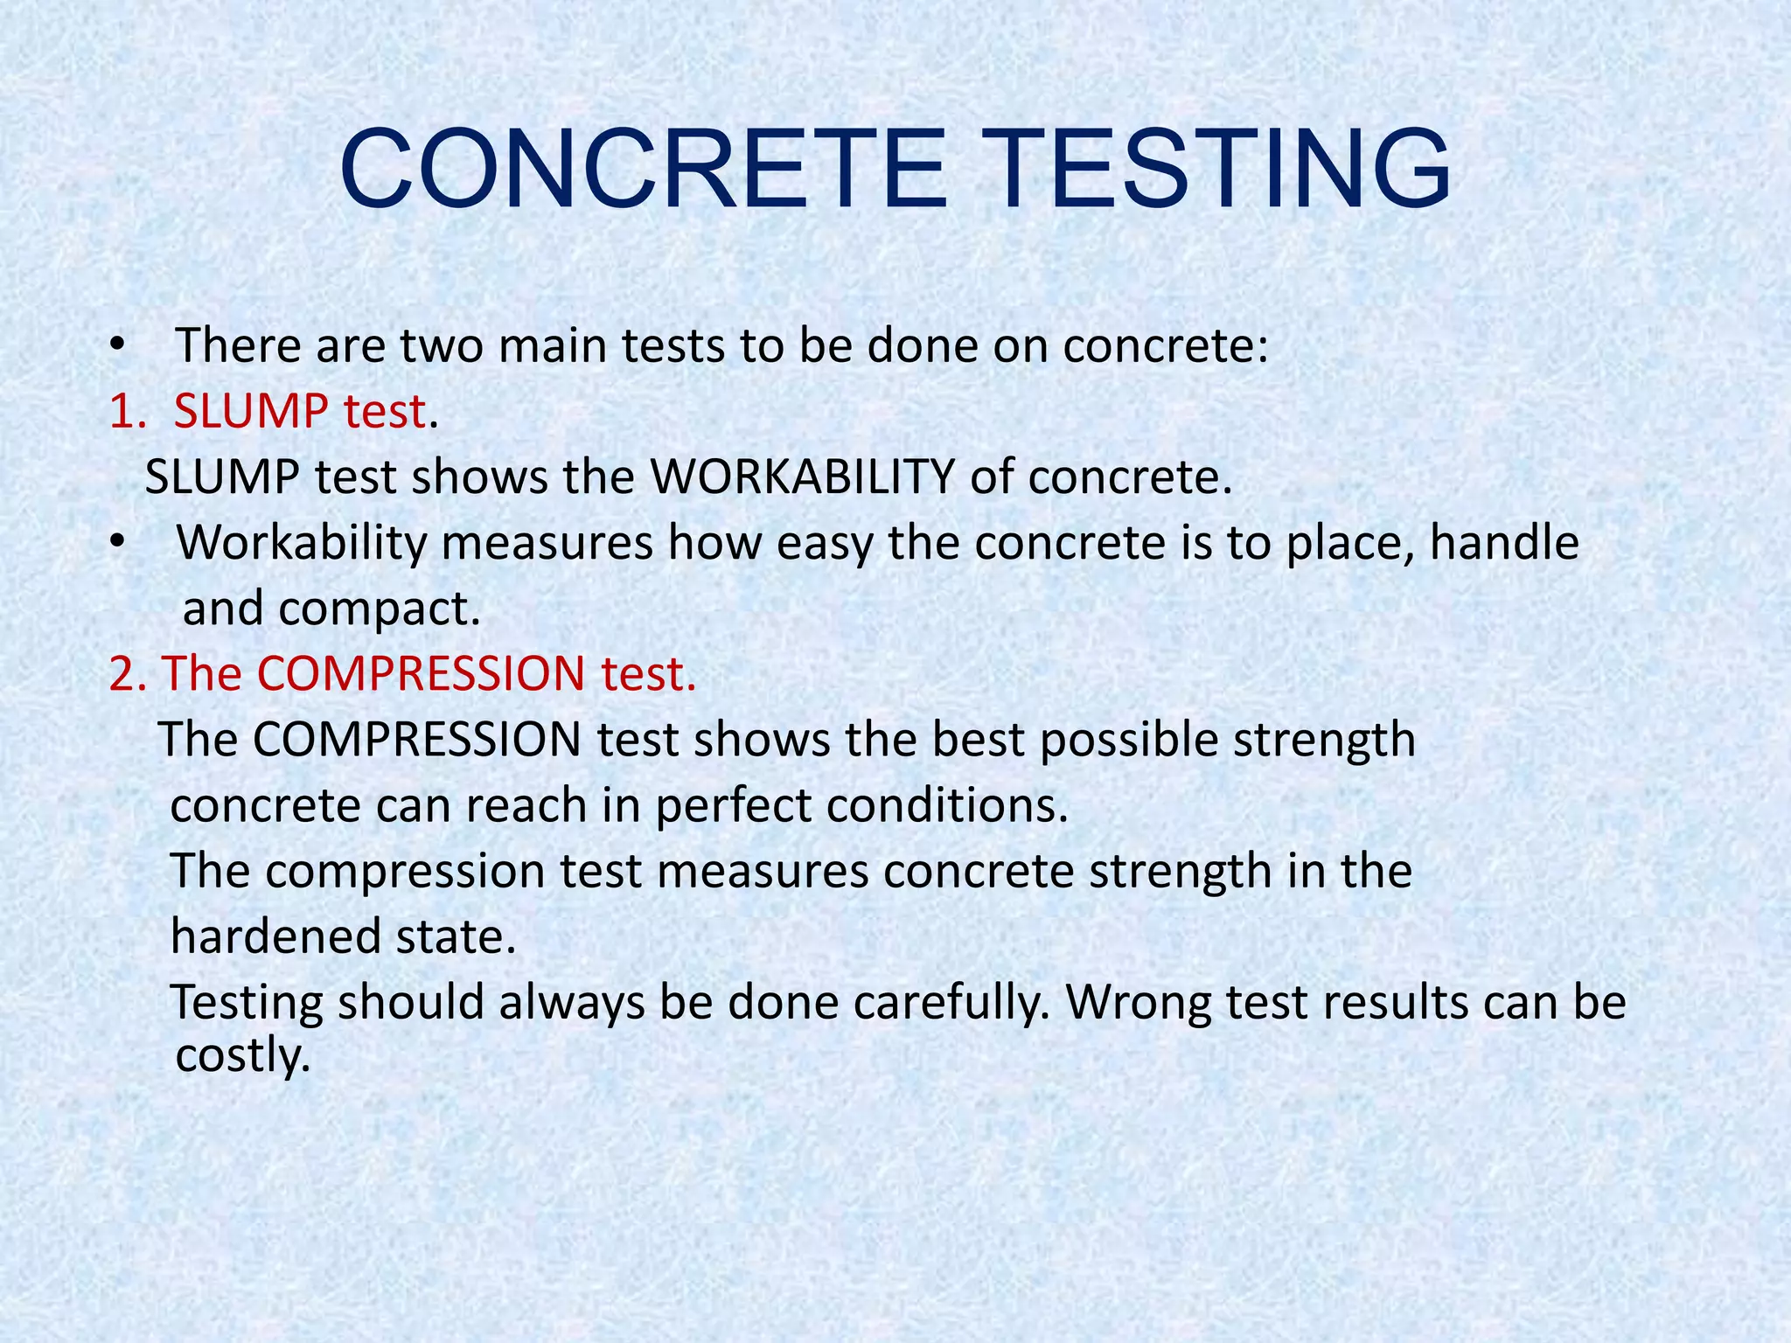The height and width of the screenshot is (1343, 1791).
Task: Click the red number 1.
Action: click(124, 412)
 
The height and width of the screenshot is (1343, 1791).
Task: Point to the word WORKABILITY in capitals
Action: click(802, 477)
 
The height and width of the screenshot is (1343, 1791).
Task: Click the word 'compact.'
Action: click(380, 609)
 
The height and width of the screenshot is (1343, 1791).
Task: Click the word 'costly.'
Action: click(243, 1056)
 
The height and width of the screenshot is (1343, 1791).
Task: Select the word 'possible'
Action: click(1128, 741)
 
